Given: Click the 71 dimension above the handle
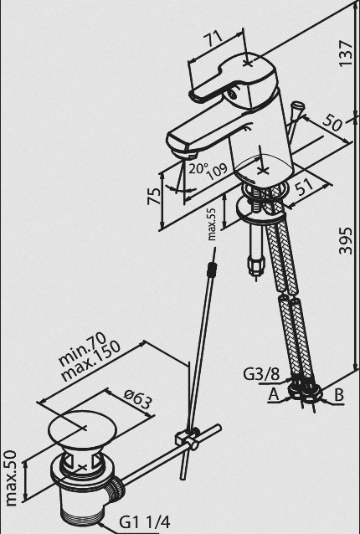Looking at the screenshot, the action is pyautogui.click(x=213, y=41).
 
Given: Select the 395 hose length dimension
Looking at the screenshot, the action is pyautogui.click(x=346, y=240).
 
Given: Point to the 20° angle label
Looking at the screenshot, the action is pyautogui.click(x=198, y=168).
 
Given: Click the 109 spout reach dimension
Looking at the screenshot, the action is pyautogui.click(x=218, y=172).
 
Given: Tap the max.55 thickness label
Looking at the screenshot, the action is pyautogui.click(x=212, y=224).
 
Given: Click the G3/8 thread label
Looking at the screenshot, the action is pyautogui.click(x=261, y=374).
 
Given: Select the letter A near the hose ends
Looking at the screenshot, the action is pyautogui.click(x=274, y=395).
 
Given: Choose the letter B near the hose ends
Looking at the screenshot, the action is pyautogui.click(x=339, y=395).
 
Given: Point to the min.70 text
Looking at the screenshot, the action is pyautogui.click(x=82, y=348).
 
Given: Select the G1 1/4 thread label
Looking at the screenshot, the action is pyautogui.click(x=144, y=521).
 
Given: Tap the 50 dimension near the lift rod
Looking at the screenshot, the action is pyautogui.click(x=332, y=123).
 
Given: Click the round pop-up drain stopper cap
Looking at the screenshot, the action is pyautogui.click(x=82, y=428).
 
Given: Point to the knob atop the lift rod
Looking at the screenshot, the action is pyautogui.click(x=299, y=105).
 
